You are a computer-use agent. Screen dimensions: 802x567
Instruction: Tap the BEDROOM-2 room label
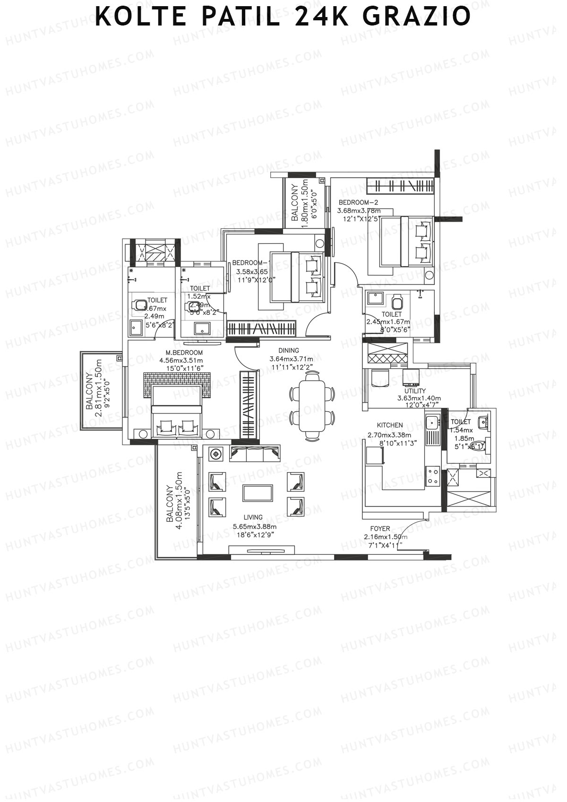coord(358,203)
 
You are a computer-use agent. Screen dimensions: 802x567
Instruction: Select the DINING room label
coord(289,351)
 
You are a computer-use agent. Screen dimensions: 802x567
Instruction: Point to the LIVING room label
coord(253,517)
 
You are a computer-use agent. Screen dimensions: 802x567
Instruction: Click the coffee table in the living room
coord(258,493)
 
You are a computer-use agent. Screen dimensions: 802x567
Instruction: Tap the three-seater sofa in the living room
coord(255,454)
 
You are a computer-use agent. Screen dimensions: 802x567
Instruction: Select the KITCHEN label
coord(390,425)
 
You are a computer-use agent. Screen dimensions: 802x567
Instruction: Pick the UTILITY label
coord(415,391)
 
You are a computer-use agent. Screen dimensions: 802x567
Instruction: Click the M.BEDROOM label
coord(184,353)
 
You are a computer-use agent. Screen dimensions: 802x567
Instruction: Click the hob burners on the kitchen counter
coord(432,475)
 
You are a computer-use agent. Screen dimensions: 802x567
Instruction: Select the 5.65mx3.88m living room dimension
coord(254,526)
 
